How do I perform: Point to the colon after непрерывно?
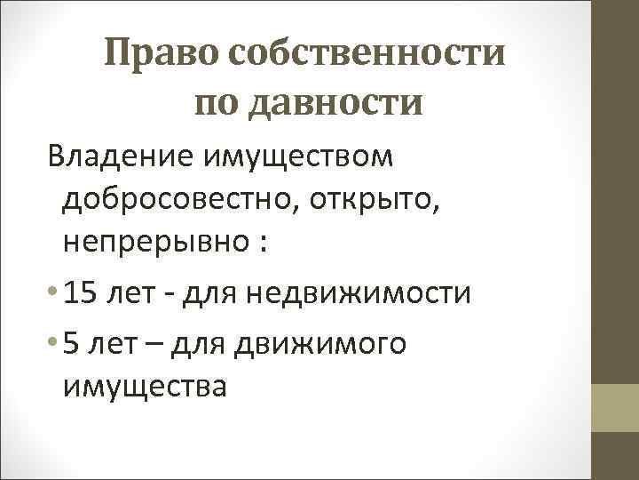point(264,247)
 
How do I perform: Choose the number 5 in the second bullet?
point(73,341)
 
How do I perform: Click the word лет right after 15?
point(136,293)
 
